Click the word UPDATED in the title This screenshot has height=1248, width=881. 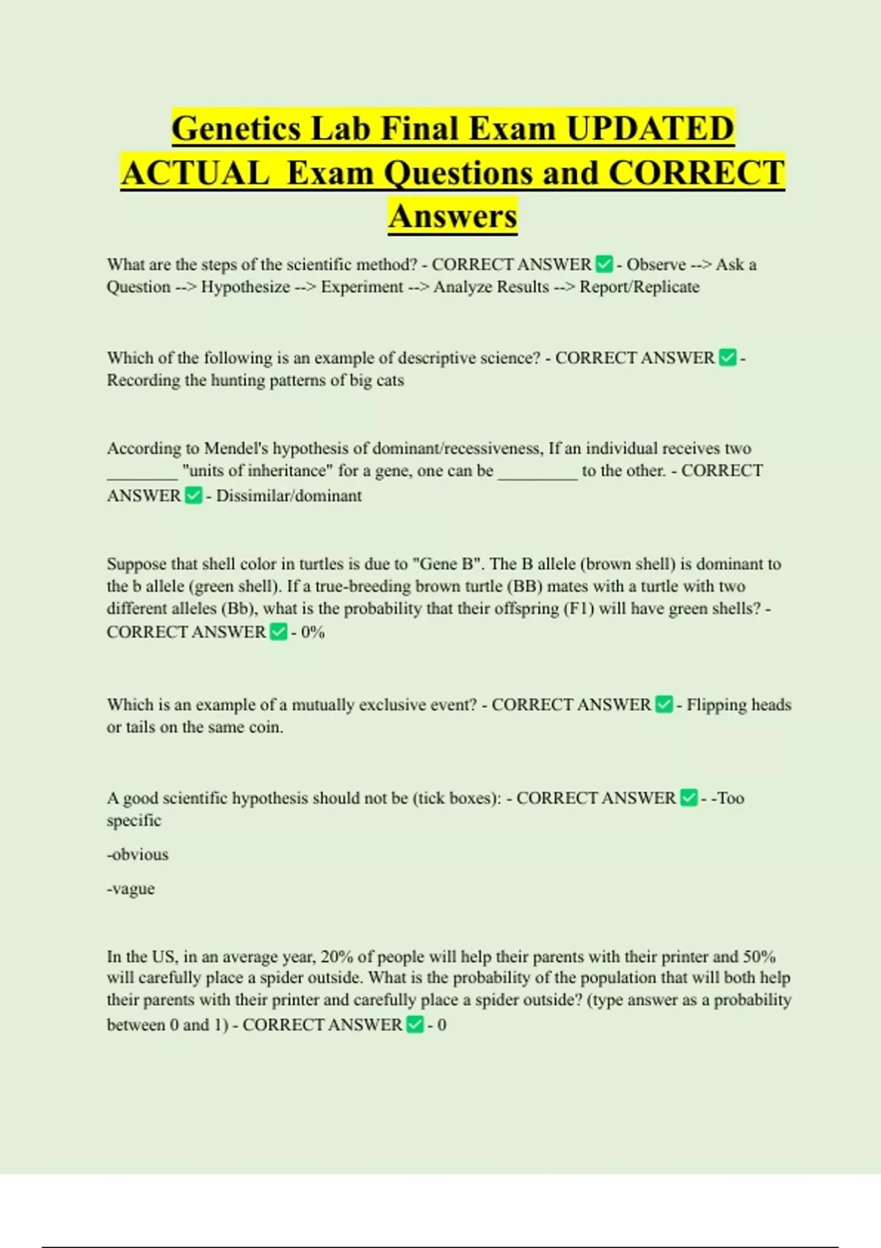click(x=650, y=128)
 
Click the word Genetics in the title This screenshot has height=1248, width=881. click(x=236, y=128)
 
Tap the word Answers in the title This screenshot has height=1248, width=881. click(x=453, y=216)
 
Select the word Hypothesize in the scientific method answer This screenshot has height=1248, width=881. click(x=245, y=287)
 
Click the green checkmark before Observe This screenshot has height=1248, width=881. click(x=604, y=264)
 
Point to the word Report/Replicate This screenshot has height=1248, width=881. click(x=639, y=287)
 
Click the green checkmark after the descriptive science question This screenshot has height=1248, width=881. click(x=728, y=358)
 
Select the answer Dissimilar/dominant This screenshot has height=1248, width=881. click(x=289, y=496)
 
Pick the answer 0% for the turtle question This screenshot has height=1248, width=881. click(x=313, y=632)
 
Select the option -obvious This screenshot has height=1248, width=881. click(x=137, y=855)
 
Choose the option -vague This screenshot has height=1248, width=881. click(x=131, y=889)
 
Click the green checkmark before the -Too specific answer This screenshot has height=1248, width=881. click(x=689, y=798)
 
